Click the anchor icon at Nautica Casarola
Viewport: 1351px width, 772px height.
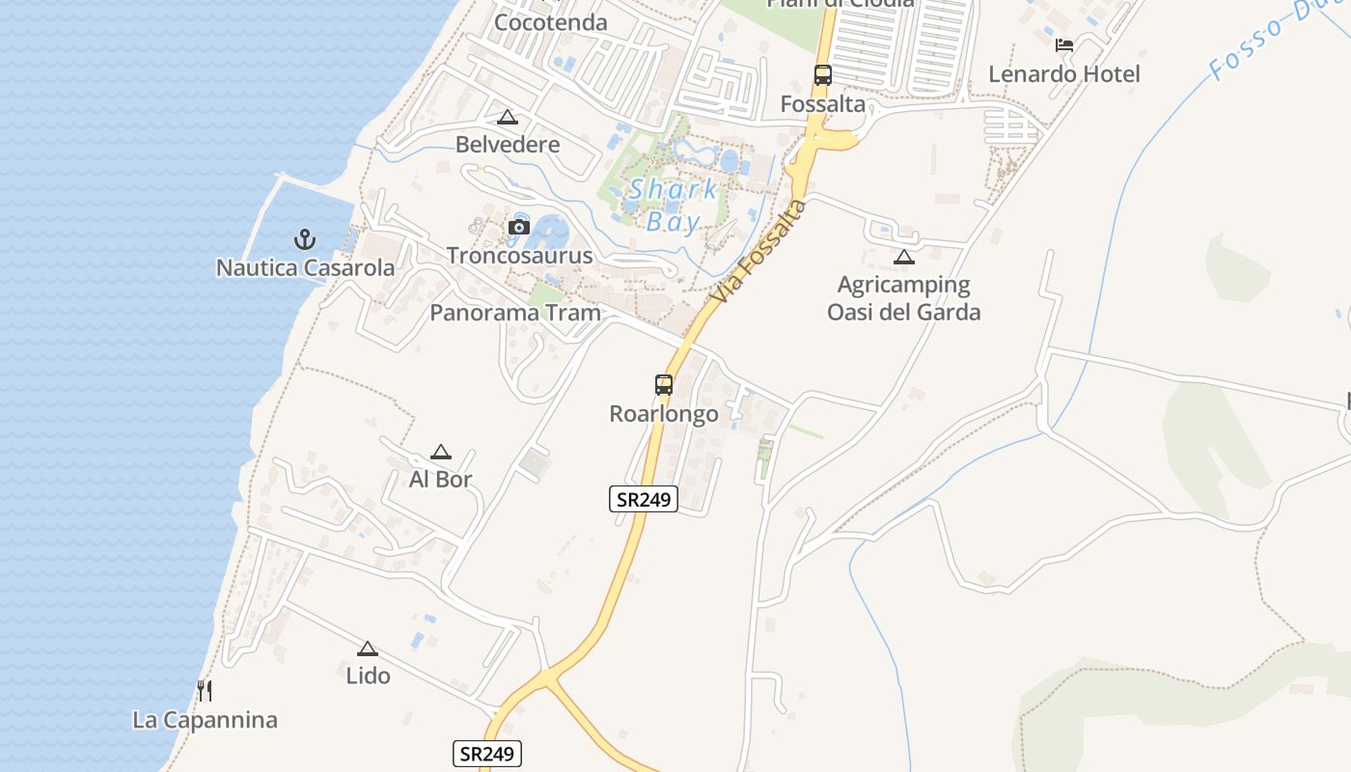(305, 238)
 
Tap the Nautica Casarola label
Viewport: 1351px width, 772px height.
(305, 267)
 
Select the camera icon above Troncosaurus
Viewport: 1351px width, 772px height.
(519, 228)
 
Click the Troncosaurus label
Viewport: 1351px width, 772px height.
(519, 256)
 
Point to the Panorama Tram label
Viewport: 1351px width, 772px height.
(514, 313)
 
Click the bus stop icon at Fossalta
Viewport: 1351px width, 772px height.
(822, 75)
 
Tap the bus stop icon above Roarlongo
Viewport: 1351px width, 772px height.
(664, 385)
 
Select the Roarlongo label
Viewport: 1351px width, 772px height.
(664, 414)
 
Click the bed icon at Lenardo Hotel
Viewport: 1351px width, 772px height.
(1064, 45)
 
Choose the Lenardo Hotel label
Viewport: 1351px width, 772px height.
(1064, 74)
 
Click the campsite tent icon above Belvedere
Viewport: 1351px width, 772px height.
(508, 118)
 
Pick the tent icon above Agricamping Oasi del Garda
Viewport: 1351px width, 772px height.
(903, 257)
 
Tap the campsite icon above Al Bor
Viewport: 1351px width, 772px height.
(441, 452)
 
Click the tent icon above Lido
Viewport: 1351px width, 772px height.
(367, 648)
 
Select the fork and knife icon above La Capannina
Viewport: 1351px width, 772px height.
(204, 691)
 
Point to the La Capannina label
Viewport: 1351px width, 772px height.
(205, 720)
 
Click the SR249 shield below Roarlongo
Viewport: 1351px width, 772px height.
(644, 499)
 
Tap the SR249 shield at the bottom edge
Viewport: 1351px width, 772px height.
(487, 754)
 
